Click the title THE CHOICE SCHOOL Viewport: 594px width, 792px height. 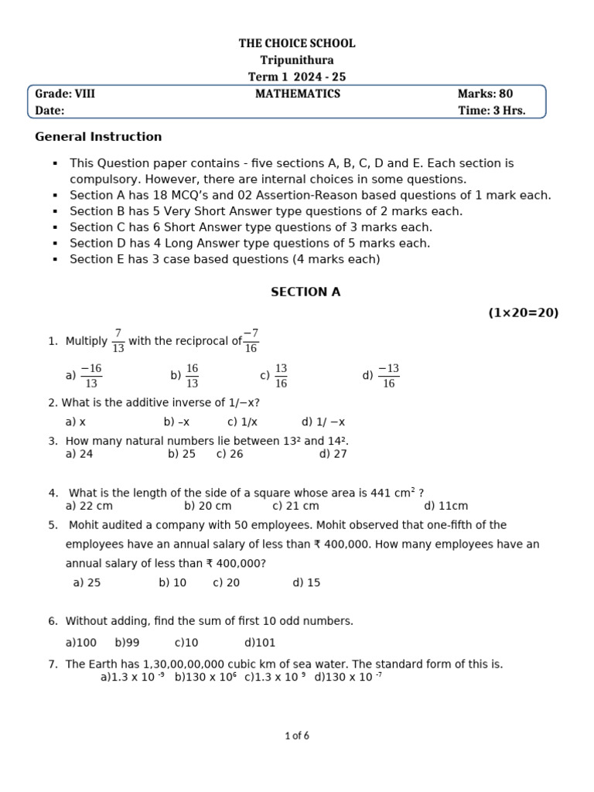tap(297, 43)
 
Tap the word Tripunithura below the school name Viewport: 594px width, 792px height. tap(297, 60)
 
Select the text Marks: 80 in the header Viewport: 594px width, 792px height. tap(485, 94)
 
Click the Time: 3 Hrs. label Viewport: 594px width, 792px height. tap(491, 111)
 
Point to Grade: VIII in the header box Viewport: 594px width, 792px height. tap(65, 94)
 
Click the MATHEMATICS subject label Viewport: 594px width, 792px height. tap(298, 94)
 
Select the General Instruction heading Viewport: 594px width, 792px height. tap(98, 137)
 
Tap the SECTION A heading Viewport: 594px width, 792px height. tap(306, 292)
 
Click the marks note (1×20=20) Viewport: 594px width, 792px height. tap(523, 312)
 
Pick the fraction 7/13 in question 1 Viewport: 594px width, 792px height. tap(118, 341)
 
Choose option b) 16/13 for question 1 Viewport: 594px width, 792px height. tap(185, 376)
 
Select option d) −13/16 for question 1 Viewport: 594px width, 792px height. tap(381, 376)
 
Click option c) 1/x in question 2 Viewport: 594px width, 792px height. tap(242, 422)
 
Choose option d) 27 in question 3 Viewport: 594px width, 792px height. tap(333, 454)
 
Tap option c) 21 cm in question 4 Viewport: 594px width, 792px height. tap(295, 506)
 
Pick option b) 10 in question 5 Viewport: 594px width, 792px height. tap(172, 582)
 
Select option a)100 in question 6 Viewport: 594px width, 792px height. tap(81, 643)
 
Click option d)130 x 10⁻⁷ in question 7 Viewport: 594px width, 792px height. tap(348, 678)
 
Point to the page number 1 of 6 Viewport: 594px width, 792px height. tap(297, 736)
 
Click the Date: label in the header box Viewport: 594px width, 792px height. tap(49, 111)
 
